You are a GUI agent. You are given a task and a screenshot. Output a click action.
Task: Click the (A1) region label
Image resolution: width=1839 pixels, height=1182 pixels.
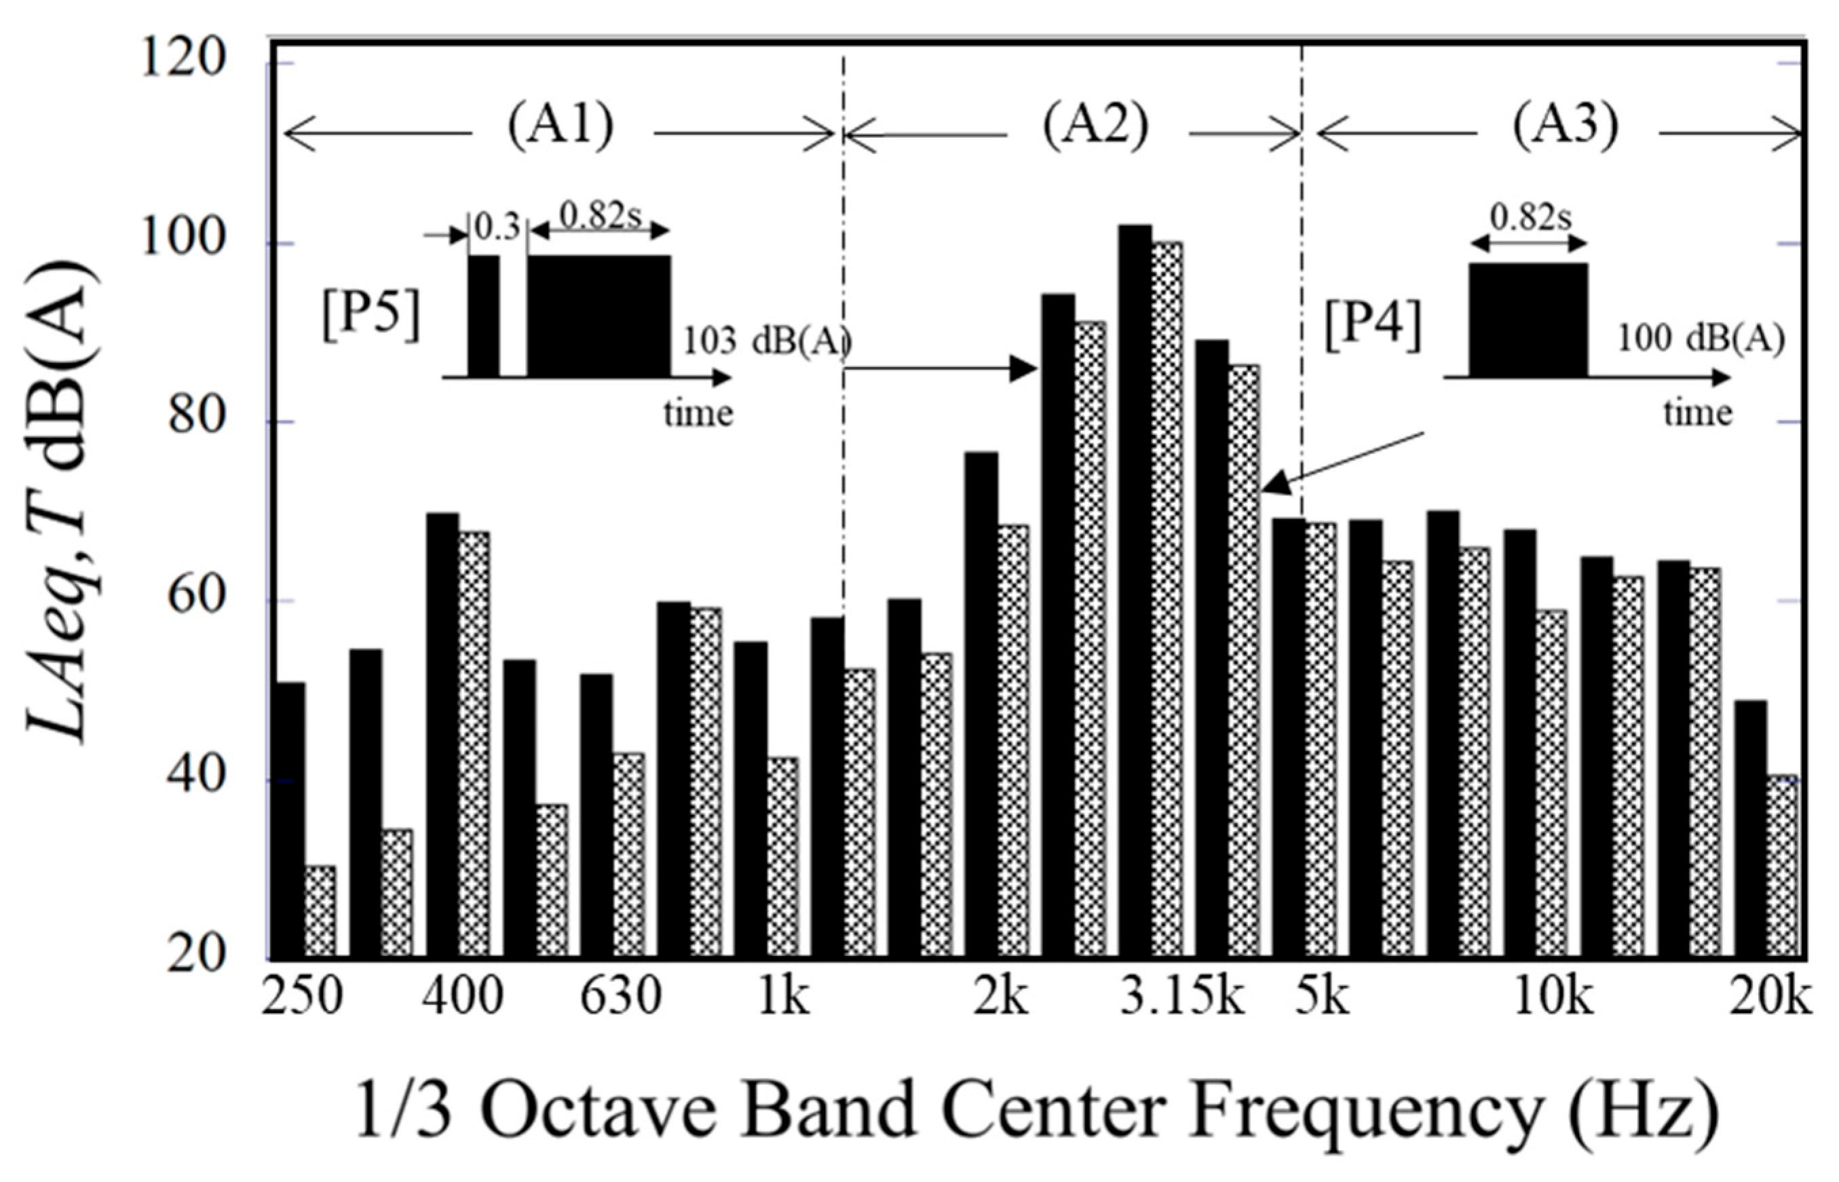(x=561, y=127)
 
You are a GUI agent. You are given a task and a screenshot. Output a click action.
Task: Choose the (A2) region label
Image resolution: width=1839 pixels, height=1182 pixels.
(x=1095, y=127)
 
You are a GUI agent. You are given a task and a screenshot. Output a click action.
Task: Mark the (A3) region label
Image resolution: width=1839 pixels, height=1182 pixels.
(x=1566, y=127)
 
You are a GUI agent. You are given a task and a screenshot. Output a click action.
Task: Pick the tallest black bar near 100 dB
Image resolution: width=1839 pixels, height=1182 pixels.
(x=1135, y=591)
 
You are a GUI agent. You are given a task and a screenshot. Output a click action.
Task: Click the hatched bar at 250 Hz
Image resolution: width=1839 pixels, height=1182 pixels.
(x=320, y=912)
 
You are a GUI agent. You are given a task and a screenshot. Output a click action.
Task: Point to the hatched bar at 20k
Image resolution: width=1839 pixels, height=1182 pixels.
(x=1782, y=867)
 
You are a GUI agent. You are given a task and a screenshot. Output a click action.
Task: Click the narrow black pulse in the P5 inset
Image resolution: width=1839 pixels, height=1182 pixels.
(x=484, y=316)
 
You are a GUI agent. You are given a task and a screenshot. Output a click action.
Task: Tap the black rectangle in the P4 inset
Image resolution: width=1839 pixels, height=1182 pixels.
(x=1528, y=320)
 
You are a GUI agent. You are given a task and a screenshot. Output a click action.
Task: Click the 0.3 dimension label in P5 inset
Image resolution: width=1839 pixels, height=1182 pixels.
(x=497, y=229)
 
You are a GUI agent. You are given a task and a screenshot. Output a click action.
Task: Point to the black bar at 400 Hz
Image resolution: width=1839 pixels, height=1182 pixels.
(x=443, y=736)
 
